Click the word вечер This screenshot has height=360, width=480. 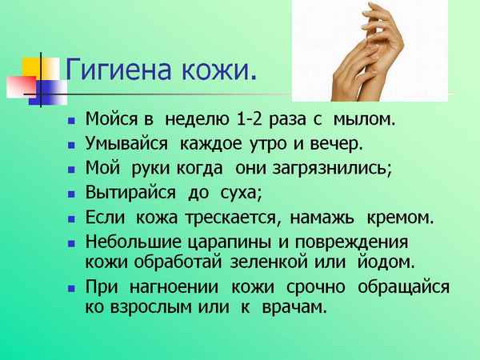tap(315, 145)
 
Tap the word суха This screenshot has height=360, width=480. tap(238, 193)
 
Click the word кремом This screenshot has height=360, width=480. tap(400, 217)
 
